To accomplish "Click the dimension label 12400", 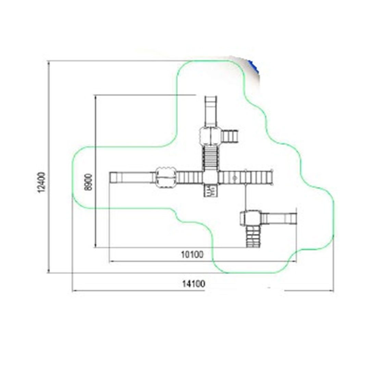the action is point(41,182).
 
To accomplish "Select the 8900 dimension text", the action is point(88,182).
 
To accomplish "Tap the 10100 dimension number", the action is point(192,255).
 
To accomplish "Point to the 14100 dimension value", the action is point(194,284).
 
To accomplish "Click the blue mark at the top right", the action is point(254,66).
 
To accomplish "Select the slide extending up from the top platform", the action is point(211,111).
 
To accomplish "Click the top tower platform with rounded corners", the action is point(210,136).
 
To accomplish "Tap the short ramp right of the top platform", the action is point(229,136).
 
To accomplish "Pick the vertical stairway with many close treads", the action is point(210,158).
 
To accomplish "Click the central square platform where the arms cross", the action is point(210,177).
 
